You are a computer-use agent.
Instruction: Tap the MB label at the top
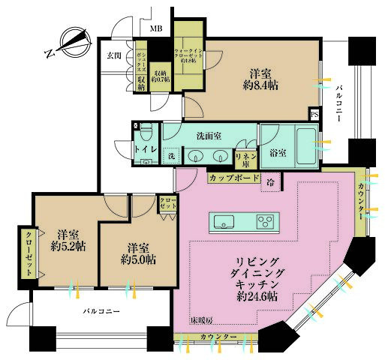[155, 28]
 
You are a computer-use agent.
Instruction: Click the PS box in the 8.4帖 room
[314, 114]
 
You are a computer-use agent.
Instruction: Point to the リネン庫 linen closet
[244, 158]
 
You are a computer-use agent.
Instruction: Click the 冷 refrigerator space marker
[270, 182]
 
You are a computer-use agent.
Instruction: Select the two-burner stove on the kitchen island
[266, 221]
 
